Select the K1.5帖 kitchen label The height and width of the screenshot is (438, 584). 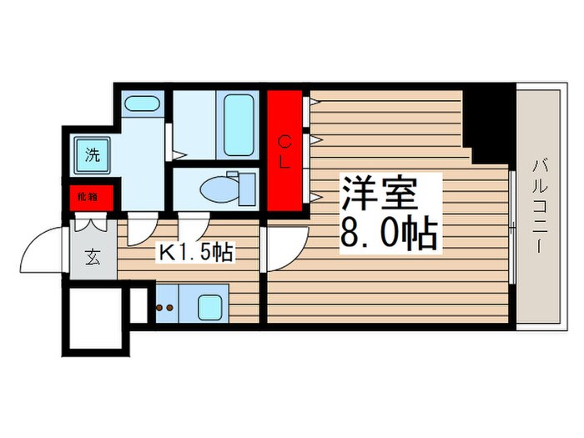196,251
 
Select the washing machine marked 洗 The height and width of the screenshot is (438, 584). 93,154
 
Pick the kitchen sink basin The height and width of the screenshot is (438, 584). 212,306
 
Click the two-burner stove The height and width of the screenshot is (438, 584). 165,307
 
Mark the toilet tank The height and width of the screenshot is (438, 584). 246,187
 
